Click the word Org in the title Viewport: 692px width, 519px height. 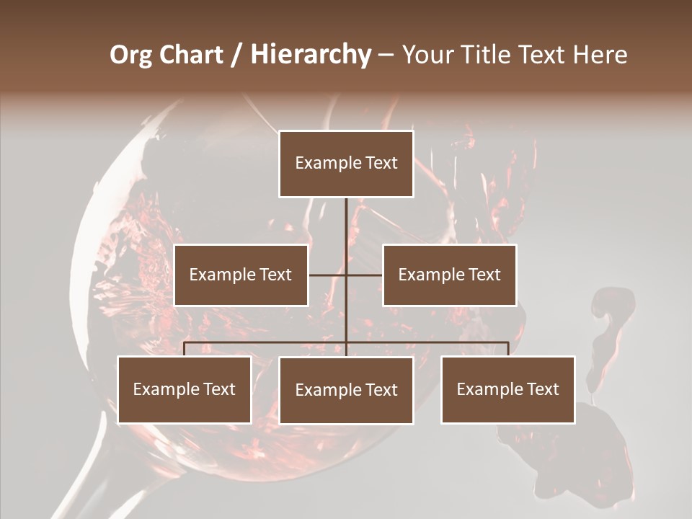pyautogui.click(x=130, y=55)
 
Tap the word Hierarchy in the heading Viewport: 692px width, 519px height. pyautogui.click(x=311, y=55)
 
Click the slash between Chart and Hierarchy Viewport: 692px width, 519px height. pyautogui.click(x=237, y=56)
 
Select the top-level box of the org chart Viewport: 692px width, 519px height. pyautogui.click(x=346, y=164)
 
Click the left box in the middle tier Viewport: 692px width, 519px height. pyautogui.click(x=241, y=275)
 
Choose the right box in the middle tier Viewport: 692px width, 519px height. pyautogui.click(x=449, y=275)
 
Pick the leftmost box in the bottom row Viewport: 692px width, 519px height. pyautogui.click(x=185, y=389)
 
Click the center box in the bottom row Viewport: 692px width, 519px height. pyautogui.click(x=346, y=390)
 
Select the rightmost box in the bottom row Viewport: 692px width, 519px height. pyautogui.click(x=507, y=389)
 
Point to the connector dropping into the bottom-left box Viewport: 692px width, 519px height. pyautogui.click(x=185, y=349)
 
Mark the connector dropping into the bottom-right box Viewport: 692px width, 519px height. pyautogui.click(x=508, y=349)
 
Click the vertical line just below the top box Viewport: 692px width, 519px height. pyautogui.click(x=346, y=216)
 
